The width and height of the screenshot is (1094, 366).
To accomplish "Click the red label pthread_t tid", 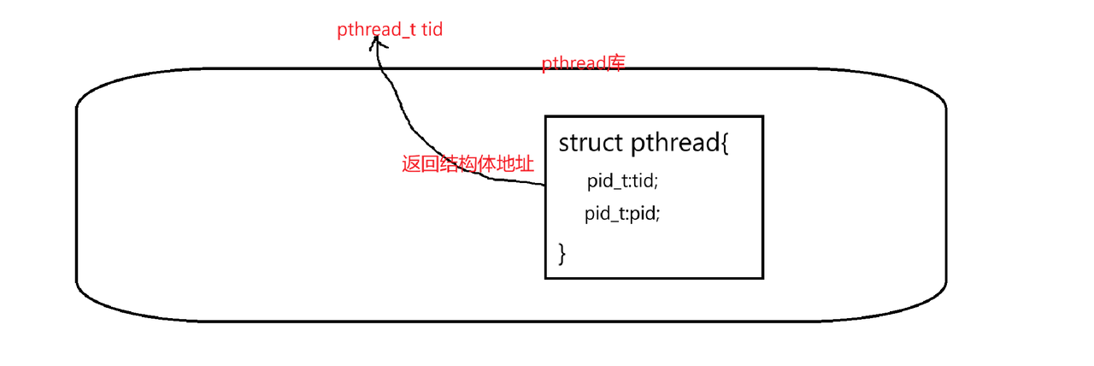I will click(389, 30).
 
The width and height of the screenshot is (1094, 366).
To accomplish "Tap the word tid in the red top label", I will click(431, 30).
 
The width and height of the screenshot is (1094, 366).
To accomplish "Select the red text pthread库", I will click(585, 64).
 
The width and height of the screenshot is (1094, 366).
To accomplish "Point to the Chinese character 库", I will click(616, 63).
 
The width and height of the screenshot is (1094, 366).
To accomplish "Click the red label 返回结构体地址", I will click(468, 164).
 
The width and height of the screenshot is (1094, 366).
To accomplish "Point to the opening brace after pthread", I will click(724, 144).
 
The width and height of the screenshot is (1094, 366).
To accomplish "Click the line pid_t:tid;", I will click(622, 181).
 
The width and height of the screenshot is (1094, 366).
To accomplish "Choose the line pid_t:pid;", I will click(623, 214).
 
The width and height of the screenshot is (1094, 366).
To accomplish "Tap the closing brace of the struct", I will click(562, 252).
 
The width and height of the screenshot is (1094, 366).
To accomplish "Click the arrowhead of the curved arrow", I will click(374, 43).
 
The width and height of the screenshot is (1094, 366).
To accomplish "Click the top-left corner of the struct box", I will click(546, 116).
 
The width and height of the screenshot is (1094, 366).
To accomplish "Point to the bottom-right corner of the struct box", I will click(762, 277).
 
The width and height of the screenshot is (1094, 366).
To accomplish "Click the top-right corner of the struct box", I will click(762, 116).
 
